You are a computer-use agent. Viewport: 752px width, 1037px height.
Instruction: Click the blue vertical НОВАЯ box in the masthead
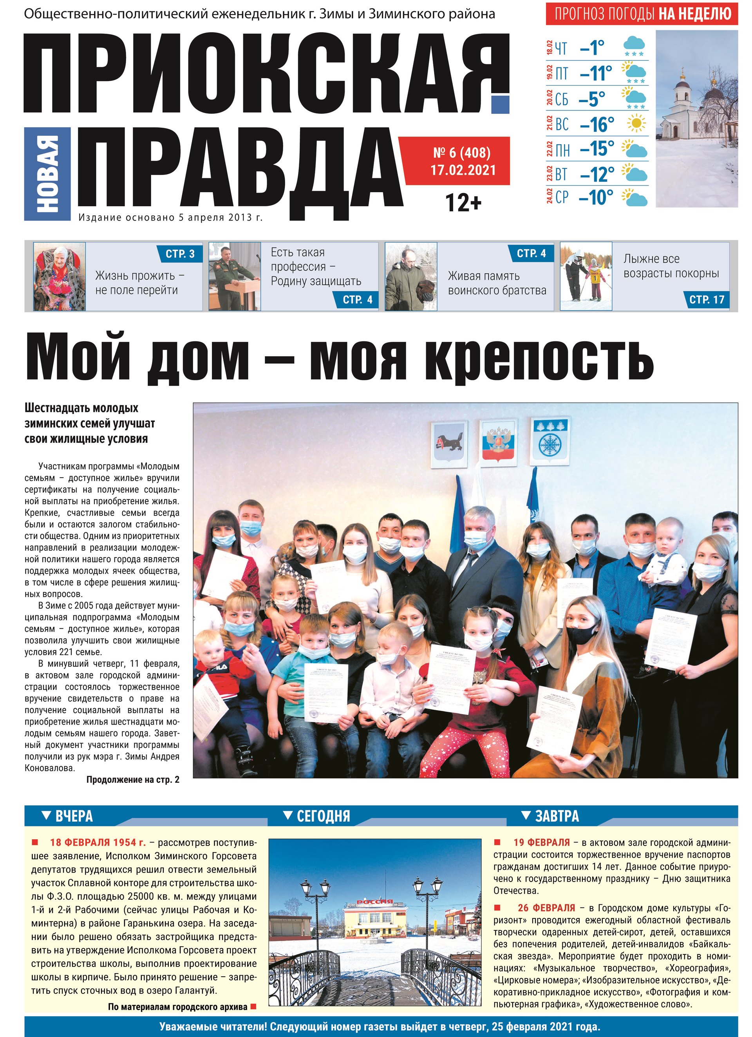point(47,174)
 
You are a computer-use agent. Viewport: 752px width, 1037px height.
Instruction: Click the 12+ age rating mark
point(463,202)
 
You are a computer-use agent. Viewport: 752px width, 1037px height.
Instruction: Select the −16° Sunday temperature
point(597,124)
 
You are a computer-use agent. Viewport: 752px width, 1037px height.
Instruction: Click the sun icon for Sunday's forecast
point(636,123)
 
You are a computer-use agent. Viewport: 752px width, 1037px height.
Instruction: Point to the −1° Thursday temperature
point(592,47)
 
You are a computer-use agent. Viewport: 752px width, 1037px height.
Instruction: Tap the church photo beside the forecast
point(696,119)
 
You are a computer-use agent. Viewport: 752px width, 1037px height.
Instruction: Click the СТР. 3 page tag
point(180,254)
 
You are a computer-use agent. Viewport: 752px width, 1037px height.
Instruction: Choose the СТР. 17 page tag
point(707,299)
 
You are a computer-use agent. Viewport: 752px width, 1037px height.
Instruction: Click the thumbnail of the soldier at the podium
point(234,277)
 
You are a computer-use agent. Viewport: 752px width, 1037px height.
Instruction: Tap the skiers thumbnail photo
point(586,277)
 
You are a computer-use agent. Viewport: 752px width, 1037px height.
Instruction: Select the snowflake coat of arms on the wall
point(550,442)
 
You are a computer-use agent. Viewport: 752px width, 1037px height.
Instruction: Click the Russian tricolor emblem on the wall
point(498,442)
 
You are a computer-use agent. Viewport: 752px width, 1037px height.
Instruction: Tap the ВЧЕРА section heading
point(73,816)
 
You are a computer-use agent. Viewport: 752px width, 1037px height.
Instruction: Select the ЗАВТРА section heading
point(556,816)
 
